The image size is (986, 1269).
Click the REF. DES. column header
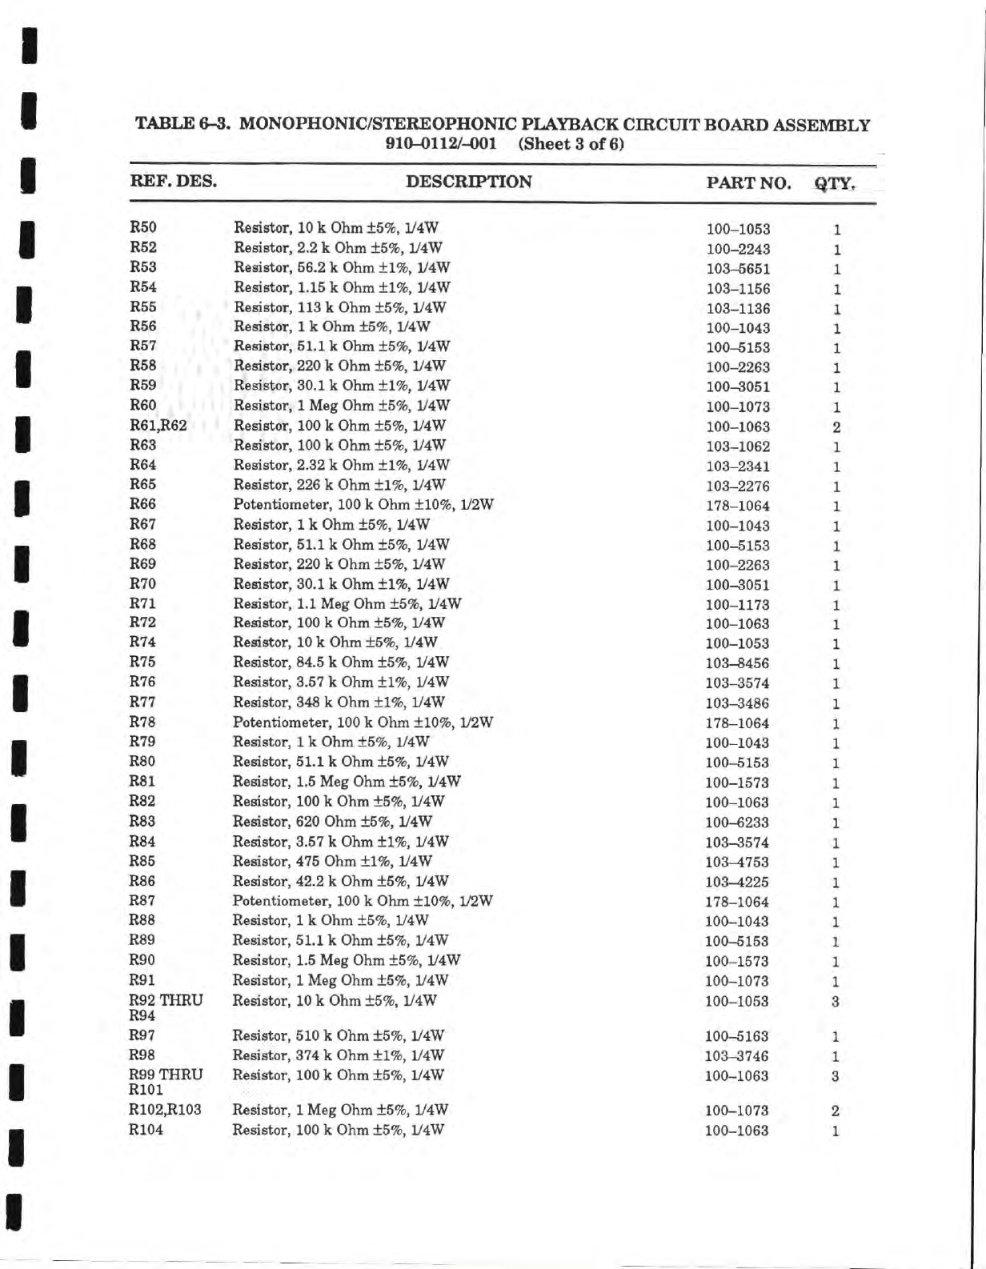(173, 181)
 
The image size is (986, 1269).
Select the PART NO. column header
(748, 183)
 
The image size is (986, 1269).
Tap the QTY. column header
(835, 183)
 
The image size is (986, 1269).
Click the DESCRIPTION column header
(468, 182)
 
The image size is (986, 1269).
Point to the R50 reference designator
(143, 227)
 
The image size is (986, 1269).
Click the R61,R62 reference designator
(158, 425)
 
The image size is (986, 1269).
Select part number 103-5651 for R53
(738, 270)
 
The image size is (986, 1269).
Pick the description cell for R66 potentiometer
(363, 505)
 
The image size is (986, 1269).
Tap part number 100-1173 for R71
(737, 605)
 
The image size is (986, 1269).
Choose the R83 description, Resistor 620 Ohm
(332, 822)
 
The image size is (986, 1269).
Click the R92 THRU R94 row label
(166, 1007)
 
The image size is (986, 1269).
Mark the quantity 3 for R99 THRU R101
(835, 1077)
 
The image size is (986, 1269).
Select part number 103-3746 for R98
(736, 1056)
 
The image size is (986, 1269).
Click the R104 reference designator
(146, 1130)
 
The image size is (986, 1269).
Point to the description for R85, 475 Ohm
(332, 862)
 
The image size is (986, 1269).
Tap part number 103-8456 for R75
(737, 664)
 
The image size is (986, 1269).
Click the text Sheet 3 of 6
(571, 145)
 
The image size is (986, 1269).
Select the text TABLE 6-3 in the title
(183, 125)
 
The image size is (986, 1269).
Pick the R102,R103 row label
(165, 1110)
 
